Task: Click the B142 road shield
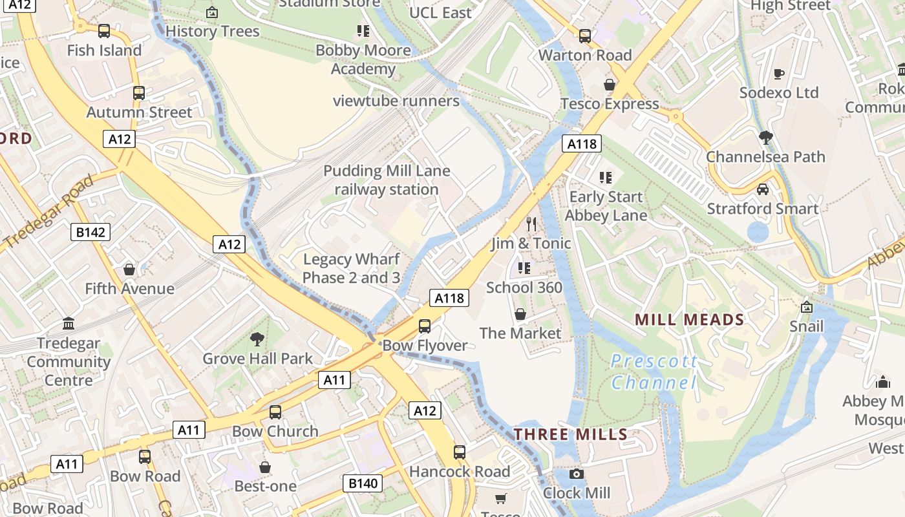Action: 90,232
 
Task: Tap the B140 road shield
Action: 363,483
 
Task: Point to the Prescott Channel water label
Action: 654,372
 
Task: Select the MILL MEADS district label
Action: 689,319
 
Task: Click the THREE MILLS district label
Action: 571,434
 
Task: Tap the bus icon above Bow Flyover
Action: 425,326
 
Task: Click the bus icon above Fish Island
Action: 103,31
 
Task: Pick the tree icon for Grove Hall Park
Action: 257,339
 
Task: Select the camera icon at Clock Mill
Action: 577,474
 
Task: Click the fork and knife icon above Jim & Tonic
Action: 531,224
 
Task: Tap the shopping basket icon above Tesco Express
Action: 610,85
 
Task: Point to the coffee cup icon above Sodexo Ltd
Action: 779,74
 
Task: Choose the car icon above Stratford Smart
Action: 763,189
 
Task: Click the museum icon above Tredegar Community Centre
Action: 69,323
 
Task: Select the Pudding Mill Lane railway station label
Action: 387,180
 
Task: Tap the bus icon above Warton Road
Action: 585,36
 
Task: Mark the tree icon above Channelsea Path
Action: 766,137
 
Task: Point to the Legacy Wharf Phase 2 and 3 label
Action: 352,269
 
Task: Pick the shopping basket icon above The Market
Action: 520,314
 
